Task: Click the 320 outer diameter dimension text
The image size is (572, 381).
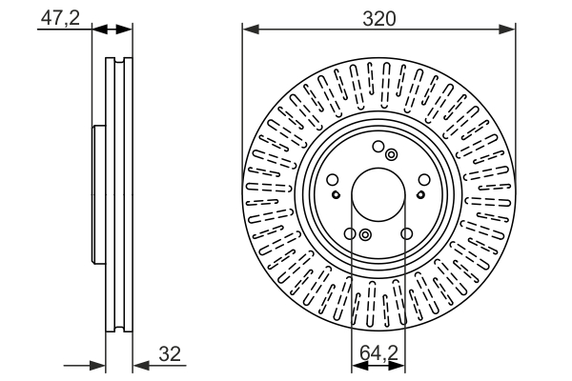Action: [x=379, y=17]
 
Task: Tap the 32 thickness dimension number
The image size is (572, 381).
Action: [x=171, y=355]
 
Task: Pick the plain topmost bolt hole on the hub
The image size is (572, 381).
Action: [x=378, y=147]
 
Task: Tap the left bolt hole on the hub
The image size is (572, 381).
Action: [x=332, y=181]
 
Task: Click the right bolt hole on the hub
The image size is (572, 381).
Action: [x=425, y=181]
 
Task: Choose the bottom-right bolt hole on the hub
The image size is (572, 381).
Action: [x=407, y=234]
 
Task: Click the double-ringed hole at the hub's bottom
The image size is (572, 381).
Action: [x=365, y=235]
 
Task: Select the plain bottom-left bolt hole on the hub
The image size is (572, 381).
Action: [x=350, y=234]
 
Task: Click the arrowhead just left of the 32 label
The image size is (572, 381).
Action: [x=137, y=364]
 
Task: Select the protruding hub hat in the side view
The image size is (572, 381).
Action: [x=95, y=195]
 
